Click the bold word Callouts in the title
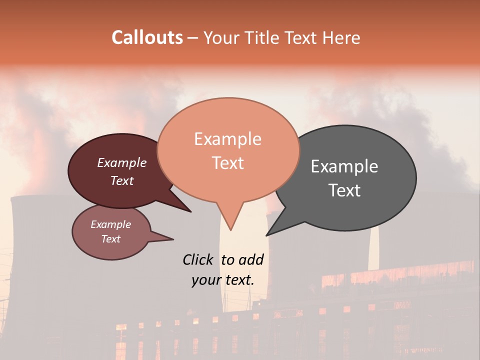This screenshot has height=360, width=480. (147, 37)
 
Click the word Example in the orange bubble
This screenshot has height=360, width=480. (227, 139)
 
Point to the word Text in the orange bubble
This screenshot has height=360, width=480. (227, 163)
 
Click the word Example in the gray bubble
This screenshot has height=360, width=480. (344, 166)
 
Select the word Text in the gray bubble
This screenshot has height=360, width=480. (344, 190)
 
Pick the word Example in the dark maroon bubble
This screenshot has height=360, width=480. (122, 162)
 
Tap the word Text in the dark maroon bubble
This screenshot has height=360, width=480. (122, 180)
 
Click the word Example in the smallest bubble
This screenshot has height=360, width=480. (110, 224)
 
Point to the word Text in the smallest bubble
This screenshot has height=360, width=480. (110, 239)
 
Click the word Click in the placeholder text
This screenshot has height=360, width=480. (198, 259)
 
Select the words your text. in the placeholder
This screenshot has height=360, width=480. (222, 280)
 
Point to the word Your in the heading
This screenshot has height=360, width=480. (220, 37)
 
